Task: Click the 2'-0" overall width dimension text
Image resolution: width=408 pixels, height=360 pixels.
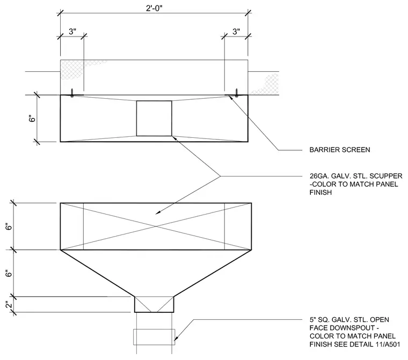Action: pyautogui.click(x=154, y=9)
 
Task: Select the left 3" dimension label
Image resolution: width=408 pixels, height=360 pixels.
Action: pyautogui.click(x=72, y=32)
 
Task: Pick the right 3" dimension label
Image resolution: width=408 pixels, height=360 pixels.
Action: pyautogui.click(x=236, y=32)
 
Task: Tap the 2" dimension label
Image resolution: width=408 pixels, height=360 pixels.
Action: pyautogui.click(x=9, y=305)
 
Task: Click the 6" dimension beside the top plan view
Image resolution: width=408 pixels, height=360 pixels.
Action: pyautogui.click(x=32, y=119)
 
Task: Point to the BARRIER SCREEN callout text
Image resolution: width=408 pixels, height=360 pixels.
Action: pyautogui.click(x=340, y=150)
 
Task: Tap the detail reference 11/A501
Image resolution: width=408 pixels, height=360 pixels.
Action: pyautogui.click(x=388, y=344)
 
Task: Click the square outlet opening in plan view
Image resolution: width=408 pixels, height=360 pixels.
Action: pyautogui.click(x=154, y=119)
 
